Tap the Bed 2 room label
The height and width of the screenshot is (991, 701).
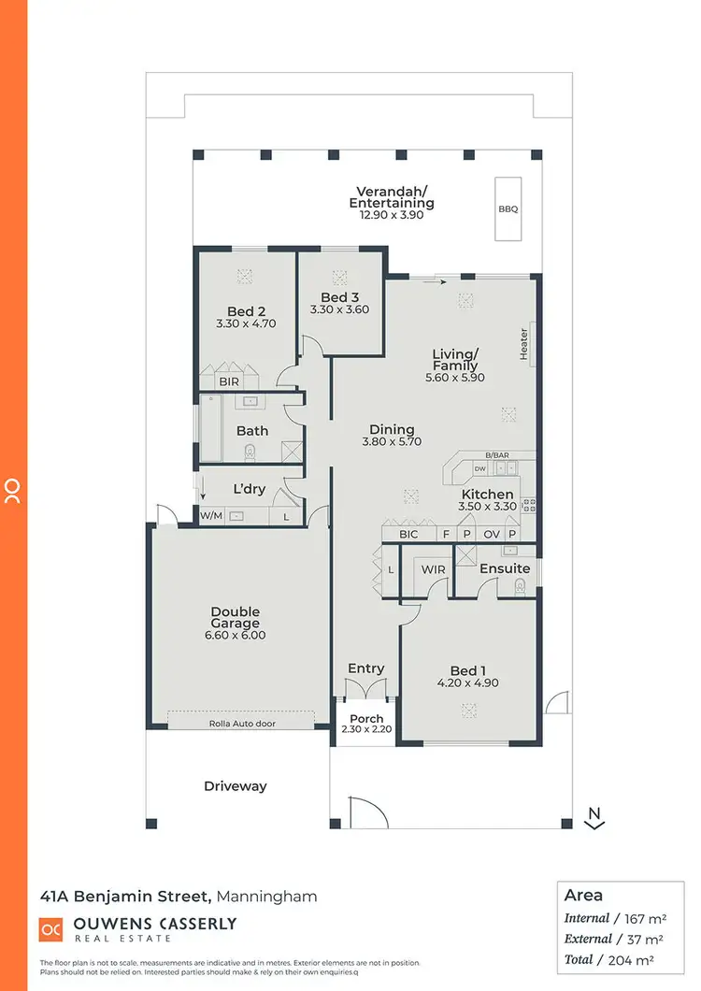pyautogui.click(x=247, y=311)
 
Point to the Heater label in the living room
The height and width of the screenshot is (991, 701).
pyautogui.click(x=524, y=342)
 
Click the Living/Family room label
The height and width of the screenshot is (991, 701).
pyautogui.click(x=455, y=360)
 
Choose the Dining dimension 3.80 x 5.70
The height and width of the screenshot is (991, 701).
pyautogui.click(x=392, y=441)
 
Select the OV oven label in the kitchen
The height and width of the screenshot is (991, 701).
pyautogui.click(x=490, y=534)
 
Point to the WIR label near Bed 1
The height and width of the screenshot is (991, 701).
pyautogui.click(x=433, y=568)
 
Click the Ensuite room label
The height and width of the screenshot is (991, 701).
pyautogui.click(x=504, y=568)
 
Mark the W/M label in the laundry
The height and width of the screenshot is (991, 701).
pyautogui.click(x=211, y=515)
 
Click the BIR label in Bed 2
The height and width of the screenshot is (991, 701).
pyautogui.click(x=228, y=381)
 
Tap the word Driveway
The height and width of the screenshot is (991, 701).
pyautogui.click(x=236, y=786)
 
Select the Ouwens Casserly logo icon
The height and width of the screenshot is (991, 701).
pyautogui.click(x=50, y=929)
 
